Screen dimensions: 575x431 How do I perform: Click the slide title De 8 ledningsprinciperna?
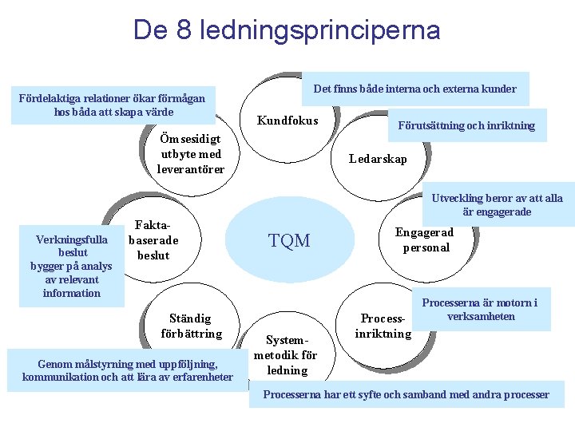(287, 30)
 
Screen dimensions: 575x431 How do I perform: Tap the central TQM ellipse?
(289, 240)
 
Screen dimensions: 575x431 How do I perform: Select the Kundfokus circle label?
(287, 121)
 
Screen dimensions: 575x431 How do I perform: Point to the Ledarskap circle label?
(378, 159)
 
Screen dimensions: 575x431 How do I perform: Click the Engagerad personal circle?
(424, 240)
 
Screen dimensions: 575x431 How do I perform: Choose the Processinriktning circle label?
(383, 326)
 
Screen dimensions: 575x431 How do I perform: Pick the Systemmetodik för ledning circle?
(287, 354)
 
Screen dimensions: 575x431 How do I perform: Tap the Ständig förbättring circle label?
(191, 326)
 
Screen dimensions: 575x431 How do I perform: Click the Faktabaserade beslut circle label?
(153, 241)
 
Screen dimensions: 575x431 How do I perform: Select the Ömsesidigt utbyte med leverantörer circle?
(191, 153)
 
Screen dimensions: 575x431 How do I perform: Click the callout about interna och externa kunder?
(414, 89)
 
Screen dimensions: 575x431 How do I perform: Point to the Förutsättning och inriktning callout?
(466, 125)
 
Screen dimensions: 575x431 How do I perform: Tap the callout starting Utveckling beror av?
(497, 205)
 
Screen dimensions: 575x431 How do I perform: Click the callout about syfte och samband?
(406, 394)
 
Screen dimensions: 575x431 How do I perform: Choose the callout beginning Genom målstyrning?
(128, 370)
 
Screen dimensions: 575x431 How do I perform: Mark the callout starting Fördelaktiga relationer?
(112, 105)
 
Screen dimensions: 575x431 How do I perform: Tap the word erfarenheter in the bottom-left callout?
(199, 377)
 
